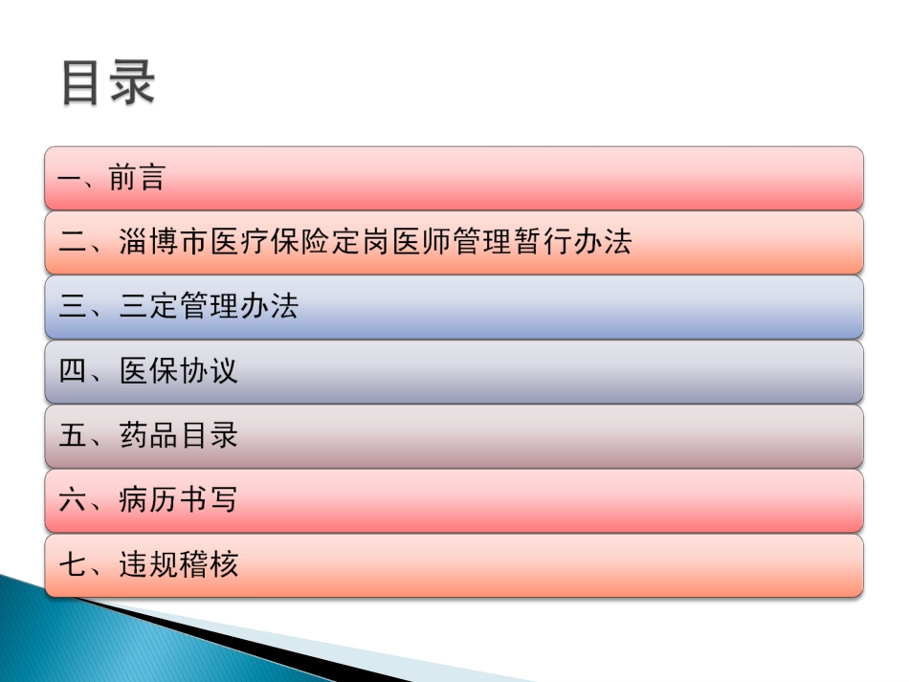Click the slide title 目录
pos(108,84)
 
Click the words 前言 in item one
pos(137,178)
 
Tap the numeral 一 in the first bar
pos(72,178)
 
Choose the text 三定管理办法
pos(210,306)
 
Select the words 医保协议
pos(179,371)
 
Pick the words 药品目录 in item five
pos(179,435)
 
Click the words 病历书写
pos(179,499)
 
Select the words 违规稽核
pos(179,564)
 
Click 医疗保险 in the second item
pos(270,242)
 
